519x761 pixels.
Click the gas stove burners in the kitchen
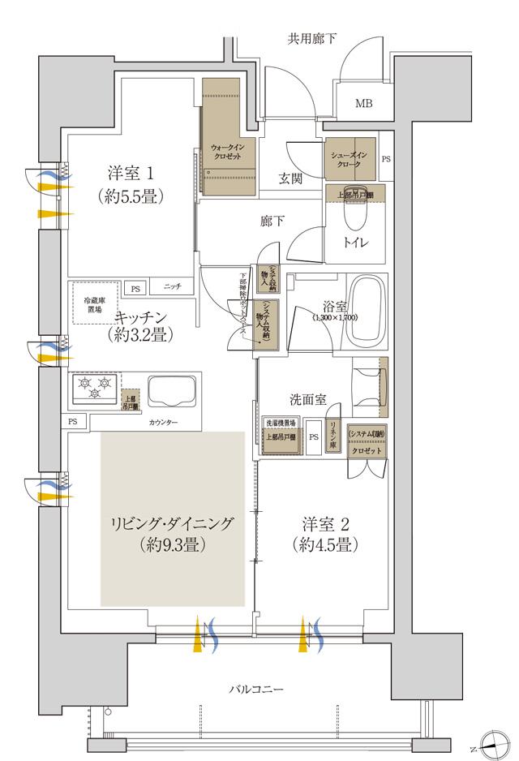(94, 387)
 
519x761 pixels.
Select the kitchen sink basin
(172, 393)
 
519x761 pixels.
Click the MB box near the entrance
(362, 103)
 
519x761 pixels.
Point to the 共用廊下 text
(312, 38)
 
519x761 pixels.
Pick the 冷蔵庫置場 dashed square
(96, 303)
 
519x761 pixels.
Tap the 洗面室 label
(308, 399)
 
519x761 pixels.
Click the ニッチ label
(172, 287)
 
